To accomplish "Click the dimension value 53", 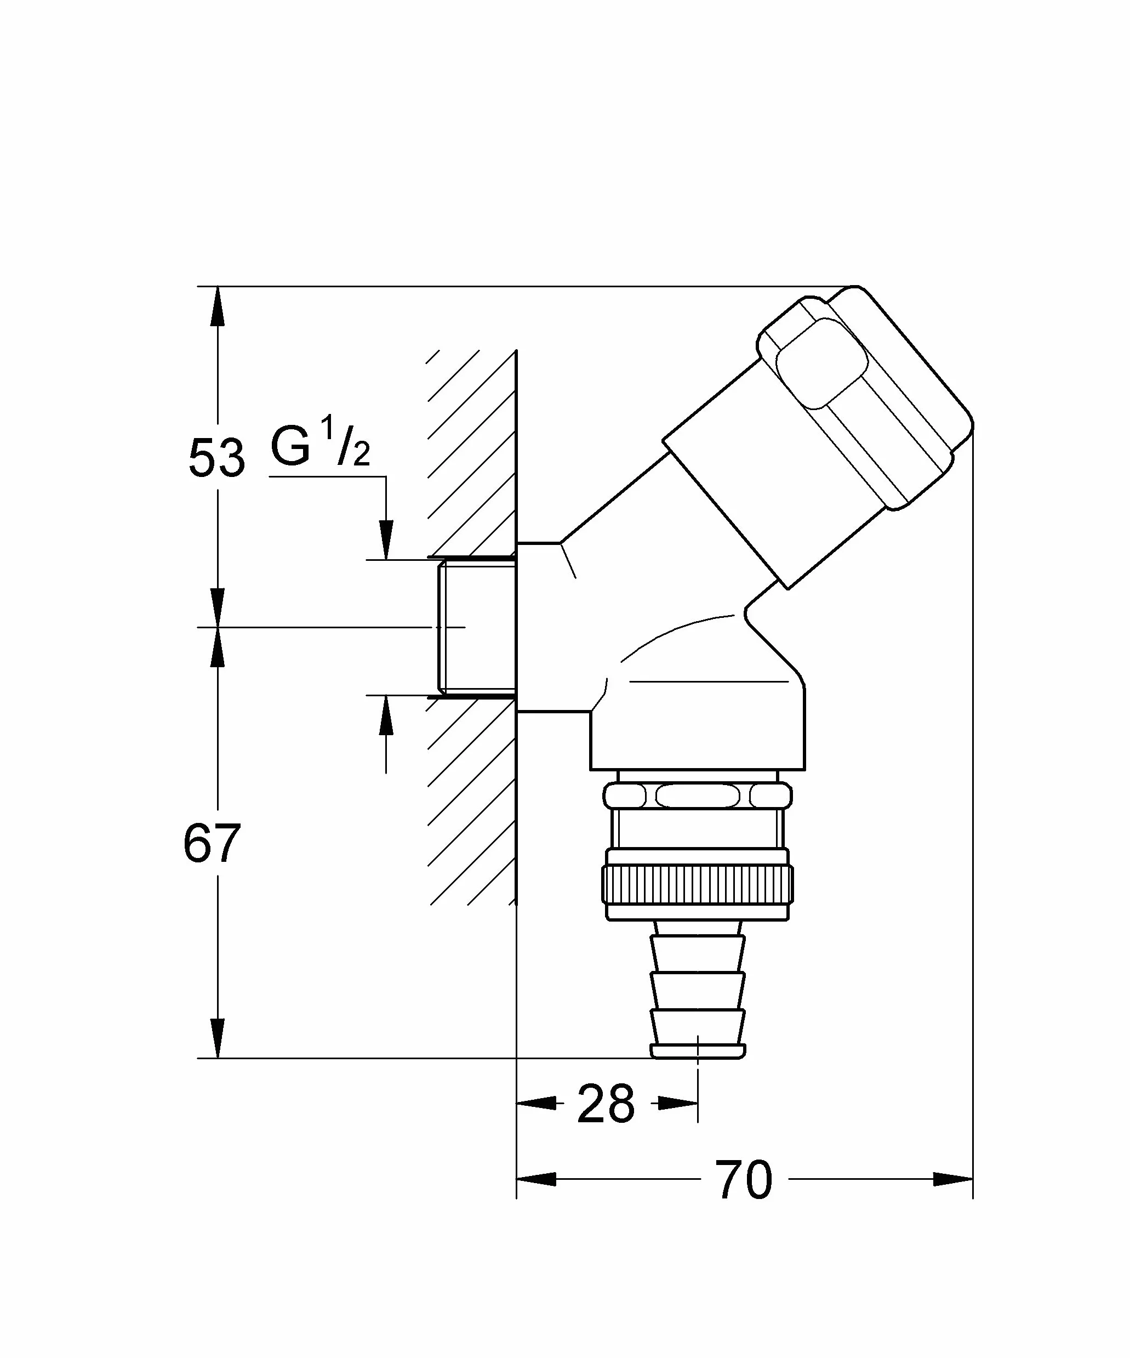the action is tap(216, 458).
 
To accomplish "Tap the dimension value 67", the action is tap(212, 843).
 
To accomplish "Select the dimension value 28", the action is tap(606, 1103).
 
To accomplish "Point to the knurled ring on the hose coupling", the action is tap(698, 884).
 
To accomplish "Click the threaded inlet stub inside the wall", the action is tap(477, 627).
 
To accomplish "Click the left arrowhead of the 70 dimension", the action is tap(536, 1179).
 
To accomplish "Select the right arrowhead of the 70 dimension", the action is tap(954, 1179).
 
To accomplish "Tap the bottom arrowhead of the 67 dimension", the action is tap(218, 1038).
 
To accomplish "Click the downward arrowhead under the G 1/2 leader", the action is tap(386, 539).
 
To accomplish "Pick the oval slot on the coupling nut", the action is tap(698, 795).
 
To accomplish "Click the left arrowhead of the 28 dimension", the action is tap(536, 1103).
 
